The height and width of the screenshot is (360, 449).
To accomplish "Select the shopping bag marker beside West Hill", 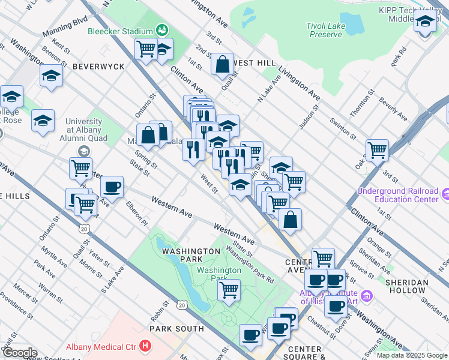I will click(222, 65).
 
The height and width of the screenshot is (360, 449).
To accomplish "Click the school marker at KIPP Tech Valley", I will click(425, 23).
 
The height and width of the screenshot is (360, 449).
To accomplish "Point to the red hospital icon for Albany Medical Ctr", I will click(144, 346).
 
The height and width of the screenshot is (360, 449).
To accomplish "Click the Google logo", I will click(19, 353).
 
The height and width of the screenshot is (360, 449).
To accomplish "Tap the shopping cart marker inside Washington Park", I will click(229, 290).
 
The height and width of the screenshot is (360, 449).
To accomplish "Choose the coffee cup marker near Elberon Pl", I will click(112, 188).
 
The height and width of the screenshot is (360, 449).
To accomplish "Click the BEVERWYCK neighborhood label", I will click(98, 67).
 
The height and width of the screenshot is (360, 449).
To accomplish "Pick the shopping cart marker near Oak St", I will click(377, 151).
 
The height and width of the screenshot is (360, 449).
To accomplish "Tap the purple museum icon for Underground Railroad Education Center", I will click(445, 194).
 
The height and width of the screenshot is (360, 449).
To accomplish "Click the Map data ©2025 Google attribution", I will click(412, 355).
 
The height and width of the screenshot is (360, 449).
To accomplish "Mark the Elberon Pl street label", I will click(137, 212).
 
